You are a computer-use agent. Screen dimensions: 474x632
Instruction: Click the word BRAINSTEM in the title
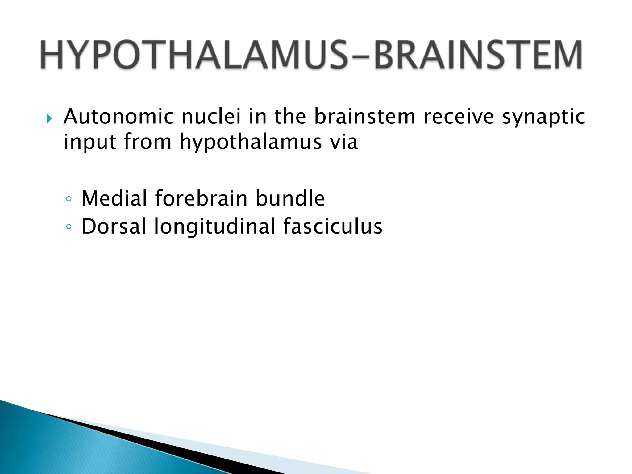click(x=478, y=55)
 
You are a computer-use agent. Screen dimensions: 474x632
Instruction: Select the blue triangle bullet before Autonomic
click(x=49, y=118)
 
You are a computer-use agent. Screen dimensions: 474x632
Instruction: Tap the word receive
click(x=459, y=117)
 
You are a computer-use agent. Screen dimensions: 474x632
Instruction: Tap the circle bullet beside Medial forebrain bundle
click(x=69, y=199)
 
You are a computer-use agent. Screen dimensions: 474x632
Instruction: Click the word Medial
click(x=114, y=198)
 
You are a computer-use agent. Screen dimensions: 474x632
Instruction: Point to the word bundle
click(x=290, y=198)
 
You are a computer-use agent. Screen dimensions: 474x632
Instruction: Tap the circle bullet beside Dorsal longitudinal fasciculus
click(x=69, y=227)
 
